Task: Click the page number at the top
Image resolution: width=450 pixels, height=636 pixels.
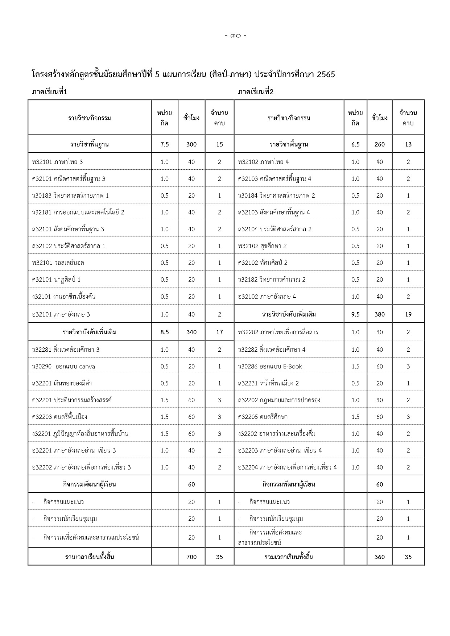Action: (x=235, y=36)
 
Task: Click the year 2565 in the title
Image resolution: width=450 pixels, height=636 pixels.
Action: (x=325, y=75)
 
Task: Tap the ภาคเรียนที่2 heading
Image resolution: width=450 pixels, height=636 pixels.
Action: (x=256, y=92)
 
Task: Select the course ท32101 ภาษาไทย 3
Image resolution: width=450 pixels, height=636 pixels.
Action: (x=57, y=162)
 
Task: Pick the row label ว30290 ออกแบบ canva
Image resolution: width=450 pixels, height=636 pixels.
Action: (x=63, y=366)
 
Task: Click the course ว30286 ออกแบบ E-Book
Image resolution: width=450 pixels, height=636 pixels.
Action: (x=270, y=366)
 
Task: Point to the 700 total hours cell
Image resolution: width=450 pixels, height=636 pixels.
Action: (x=191, y=557)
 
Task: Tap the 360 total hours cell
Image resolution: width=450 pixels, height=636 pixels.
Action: (x=379, y=557)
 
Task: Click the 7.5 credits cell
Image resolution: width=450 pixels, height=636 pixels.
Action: (x=165, y=144)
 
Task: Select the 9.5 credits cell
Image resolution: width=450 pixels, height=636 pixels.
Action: (x=355, y=314)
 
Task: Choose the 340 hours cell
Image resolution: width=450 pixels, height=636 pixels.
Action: (x=191, y=332)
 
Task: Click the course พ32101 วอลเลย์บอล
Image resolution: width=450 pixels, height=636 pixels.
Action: (x=58, y=263)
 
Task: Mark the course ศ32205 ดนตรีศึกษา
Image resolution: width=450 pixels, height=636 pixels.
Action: (x=263, y=417)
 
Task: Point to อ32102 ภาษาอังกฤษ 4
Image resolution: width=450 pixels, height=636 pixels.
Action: (x=267, y=297)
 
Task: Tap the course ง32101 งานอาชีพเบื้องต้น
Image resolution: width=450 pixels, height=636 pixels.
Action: (x=64, y=297)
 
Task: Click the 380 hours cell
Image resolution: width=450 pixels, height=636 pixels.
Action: (x=379, y=314)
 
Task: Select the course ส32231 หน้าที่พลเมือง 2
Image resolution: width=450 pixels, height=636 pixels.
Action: (x=268, y=383)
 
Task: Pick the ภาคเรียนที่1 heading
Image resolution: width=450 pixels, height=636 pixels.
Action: (x=49, y=92)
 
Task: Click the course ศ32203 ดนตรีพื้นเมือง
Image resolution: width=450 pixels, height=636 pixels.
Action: (x=59, y=417)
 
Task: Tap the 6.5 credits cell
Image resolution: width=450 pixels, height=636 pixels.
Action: (x=355, y=144)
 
